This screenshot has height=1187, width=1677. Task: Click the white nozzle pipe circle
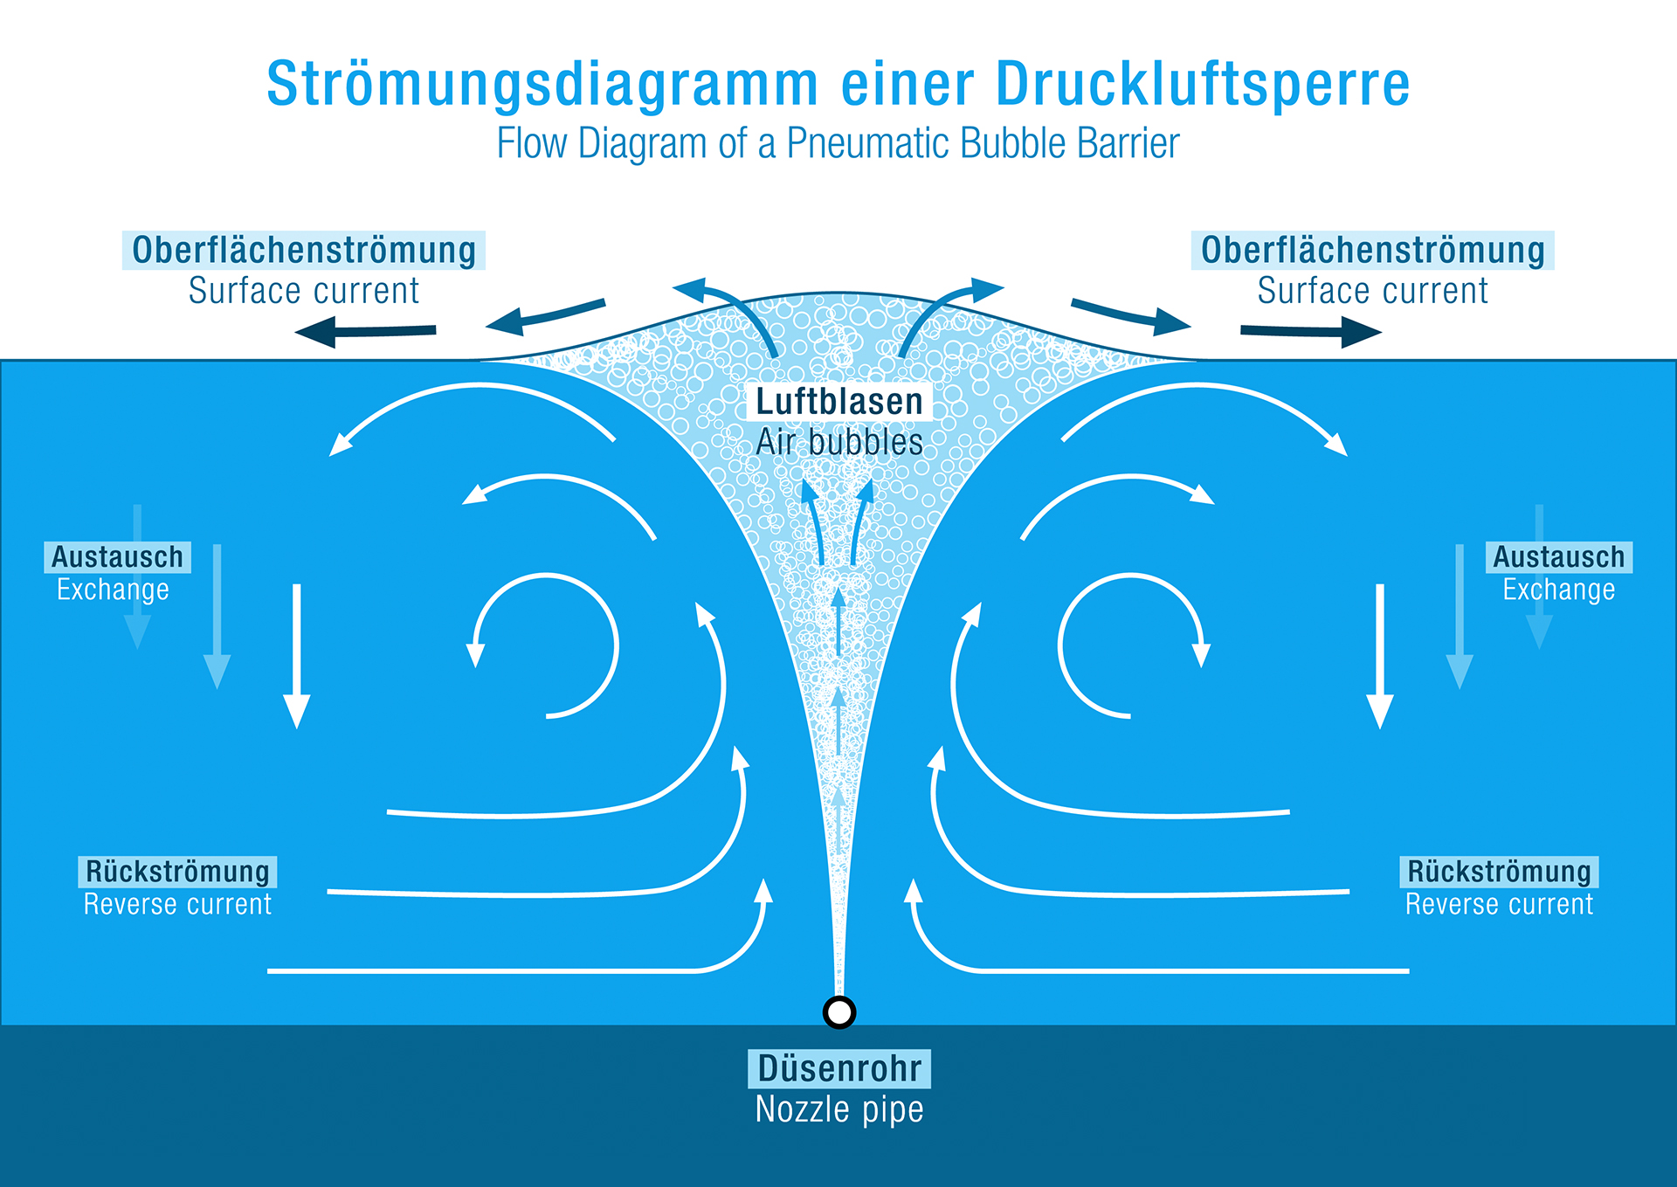[839, 1011]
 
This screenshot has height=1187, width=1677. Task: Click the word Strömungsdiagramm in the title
[542, 85]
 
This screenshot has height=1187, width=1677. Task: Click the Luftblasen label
[839, 401]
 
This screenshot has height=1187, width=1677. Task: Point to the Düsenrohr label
[839, 1068]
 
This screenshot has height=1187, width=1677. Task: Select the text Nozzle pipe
[839, 1109]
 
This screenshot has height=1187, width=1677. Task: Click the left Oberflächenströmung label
[304, 250]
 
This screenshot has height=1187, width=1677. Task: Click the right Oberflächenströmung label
[1373, 250]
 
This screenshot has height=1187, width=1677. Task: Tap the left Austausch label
[118, 557]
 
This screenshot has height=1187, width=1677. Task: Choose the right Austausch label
[1559, 557]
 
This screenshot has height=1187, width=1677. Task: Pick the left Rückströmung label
[178, 872]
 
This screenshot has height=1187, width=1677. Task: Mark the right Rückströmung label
[1500, 872]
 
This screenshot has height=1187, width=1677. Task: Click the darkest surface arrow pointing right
[1311, 331]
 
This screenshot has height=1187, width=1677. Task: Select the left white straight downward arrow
[297, 656]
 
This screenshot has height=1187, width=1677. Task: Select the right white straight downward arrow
[1380, 656]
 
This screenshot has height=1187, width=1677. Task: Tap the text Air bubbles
[839, 442]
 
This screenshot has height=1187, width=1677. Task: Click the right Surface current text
[1373, 291]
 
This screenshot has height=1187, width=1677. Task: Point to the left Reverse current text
[178, 904]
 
